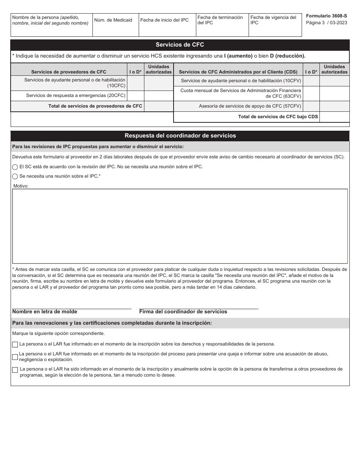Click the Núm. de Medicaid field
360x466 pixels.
(116, 28)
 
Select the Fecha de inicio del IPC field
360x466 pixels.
(167, 28)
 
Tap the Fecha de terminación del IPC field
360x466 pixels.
(222, 30)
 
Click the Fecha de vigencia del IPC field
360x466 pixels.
(275, 30)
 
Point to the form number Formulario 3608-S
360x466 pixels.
(326, 17)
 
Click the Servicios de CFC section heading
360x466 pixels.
(180, 45)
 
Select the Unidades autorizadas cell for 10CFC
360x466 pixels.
(158, 83)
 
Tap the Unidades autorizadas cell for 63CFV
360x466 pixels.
(334, 94)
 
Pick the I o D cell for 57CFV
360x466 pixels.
(311, 106)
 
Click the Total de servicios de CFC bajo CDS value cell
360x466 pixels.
(334, 117)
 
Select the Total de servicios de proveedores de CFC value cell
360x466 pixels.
(158, 106)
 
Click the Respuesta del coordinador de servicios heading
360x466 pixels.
(180, 136)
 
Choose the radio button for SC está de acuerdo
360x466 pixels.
(15, 167)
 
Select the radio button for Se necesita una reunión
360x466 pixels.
(15, 177)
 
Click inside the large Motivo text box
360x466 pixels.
(180, 226)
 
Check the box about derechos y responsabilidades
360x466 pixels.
(15, 344)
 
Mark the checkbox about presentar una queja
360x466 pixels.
(15, 357)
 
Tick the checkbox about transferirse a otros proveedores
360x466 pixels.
(15, 370)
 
